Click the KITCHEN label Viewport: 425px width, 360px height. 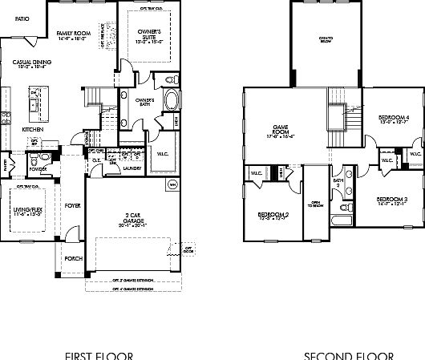tap(33, 129)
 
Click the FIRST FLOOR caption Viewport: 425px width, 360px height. tap(99, 354)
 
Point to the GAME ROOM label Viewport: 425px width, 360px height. tap(281, 131)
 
